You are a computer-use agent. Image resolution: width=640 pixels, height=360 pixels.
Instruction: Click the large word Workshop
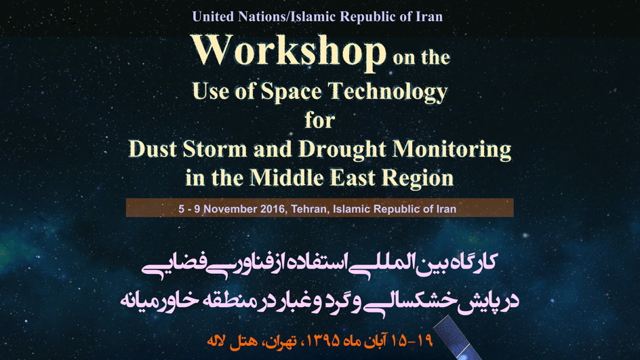tap(289, 51)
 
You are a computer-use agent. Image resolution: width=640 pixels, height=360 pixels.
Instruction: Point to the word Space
tap(292, 92)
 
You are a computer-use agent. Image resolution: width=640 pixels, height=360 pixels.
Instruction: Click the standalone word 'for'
tap(319, 120)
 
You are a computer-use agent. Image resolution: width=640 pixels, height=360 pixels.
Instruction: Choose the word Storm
tap(215, 149)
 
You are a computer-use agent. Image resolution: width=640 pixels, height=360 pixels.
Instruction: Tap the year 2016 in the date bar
tap(274, 209)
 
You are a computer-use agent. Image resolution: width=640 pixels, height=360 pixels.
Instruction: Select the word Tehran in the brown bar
tap(311, 209)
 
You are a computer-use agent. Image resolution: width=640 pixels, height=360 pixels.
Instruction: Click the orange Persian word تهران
tap(281, 342)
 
